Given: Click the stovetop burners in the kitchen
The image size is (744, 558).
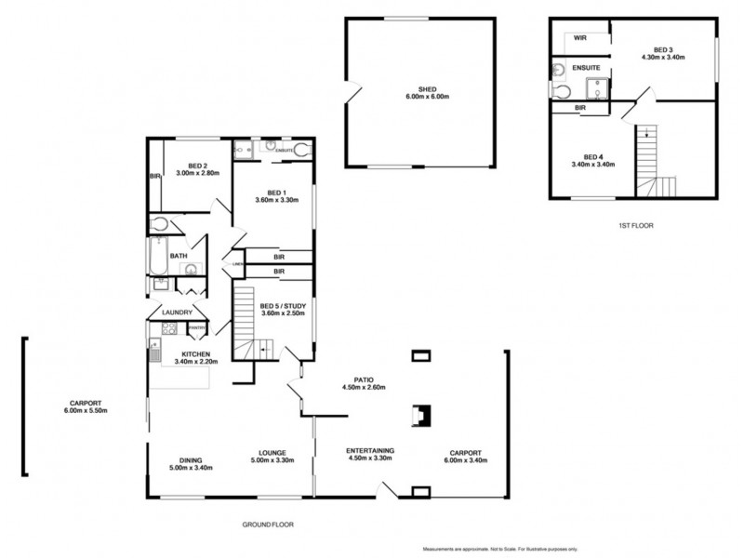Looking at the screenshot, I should click(x=157, y=328).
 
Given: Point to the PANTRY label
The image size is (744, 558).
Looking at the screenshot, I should click(x=197, y=327).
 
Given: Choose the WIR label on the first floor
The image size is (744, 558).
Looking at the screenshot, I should click(x=580, y=38).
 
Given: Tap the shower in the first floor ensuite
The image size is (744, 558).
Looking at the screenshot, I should click(x=595, y=88).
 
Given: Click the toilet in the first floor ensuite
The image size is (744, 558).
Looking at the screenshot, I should click(x=561, y=91).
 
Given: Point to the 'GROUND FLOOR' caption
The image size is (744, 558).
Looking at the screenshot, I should click(x=268, y=525).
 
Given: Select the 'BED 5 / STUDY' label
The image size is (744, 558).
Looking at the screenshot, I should click(x=283, y=306).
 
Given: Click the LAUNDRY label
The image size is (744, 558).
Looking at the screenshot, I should click(x=177, y=312).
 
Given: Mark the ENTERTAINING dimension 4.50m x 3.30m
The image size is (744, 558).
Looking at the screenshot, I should click(x=370, y=458).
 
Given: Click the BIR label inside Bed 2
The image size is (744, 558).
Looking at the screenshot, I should click(x=154, y=176).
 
